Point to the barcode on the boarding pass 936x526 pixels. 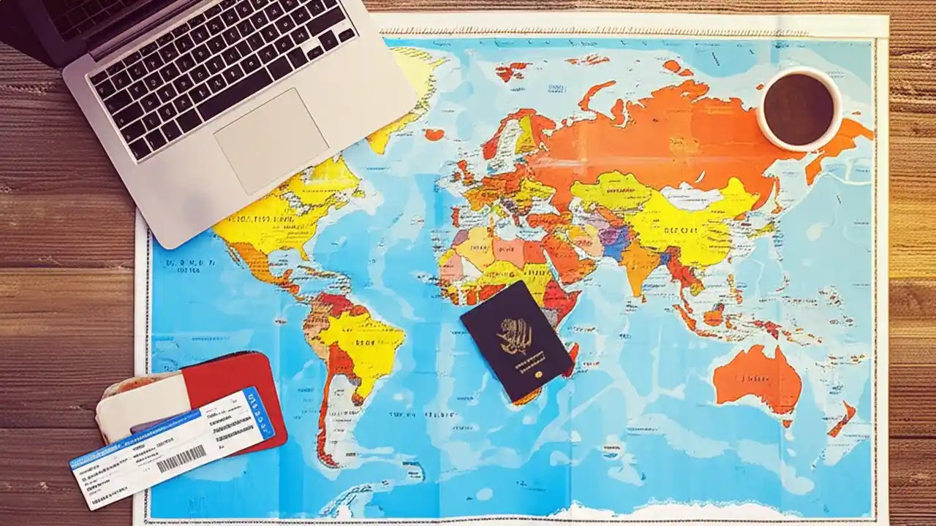[x=181, y=458]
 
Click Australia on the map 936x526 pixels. [x=757, y=380]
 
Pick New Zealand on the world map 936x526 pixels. [x=841, y=420]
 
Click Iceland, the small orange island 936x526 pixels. [x=434, y=134]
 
